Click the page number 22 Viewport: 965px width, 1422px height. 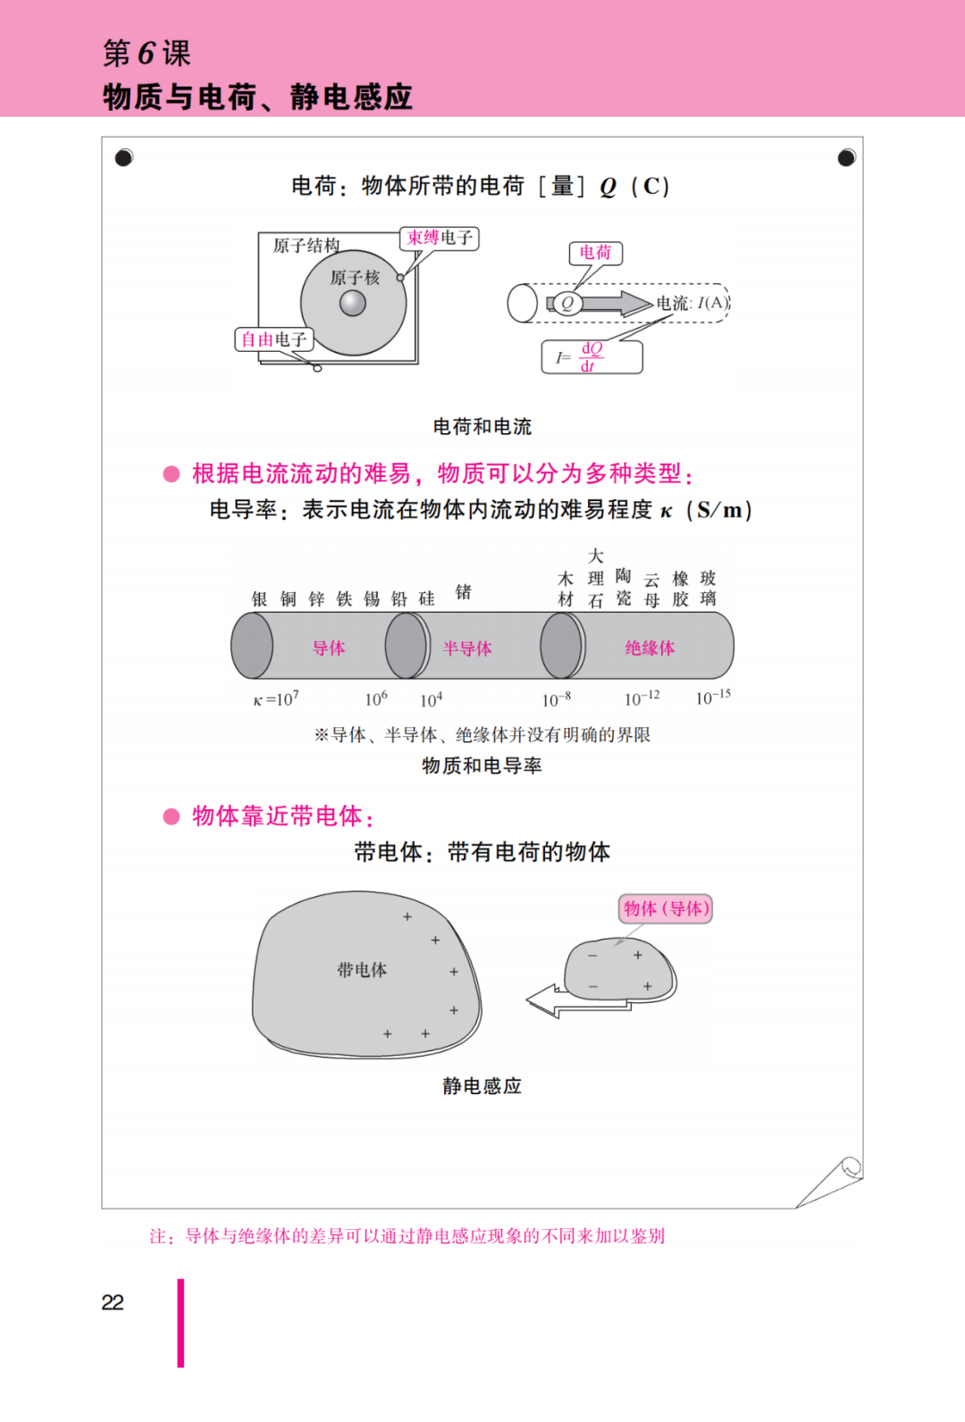coord(113,1302)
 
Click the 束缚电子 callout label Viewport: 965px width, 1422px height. coord(440,238)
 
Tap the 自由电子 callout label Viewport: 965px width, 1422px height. coord(274,339)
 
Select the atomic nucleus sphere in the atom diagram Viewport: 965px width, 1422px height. coord(352,303)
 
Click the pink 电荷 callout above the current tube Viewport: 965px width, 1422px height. coord(595,253)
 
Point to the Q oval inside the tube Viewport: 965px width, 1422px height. coord(567,303)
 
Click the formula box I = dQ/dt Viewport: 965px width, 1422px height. coord(592,357)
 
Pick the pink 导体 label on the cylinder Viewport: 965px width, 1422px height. coord(329,648)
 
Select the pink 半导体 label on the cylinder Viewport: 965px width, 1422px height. coord(467,648)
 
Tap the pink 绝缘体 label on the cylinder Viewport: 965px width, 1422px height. coord(650,648)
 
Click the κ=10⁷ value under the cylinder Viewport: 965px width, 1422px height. coord(275,698)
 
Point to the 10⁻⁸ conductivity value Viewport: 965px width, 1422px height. coord(556,698)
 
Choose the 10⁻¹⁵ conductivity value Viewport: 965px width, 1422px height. coord(713,698)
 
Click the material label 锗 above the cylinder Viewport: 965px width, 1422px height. coord(464,592)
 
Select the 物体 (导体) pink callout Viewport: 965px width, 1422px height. coord(666,908)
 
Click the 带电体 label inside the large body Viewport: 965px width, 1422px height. coord(362,969)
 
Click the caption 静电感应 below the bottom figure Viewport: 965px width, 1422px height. coord(482,1085)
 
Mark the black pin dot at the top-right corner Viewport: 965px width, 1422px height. coord(846,157)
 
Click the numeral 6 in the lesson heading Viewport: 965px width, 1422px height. coord(147,52)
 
